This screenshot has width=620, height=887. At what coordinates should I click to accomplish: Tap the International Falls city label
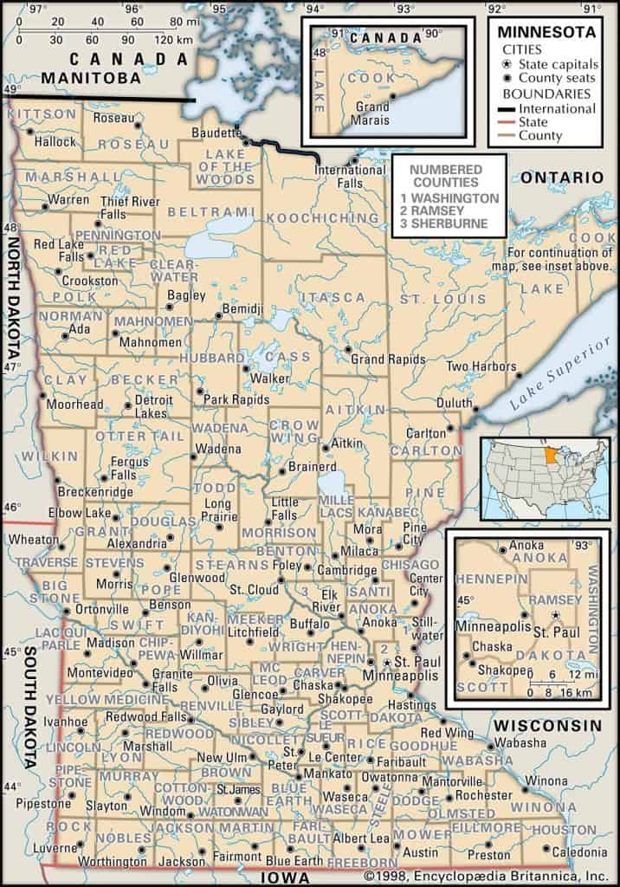[350, 176]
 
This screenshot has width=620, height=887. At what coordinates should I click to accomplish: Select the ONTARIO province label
[561, 177]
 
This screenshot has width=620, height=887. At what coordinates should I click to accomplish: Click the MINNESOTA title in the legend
[546, 32]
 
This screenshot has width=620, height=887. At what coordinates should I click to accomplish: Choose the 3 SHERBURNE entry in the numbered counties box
[443, 224]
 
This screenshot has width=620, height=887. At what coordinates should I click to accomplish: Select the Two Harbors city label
[480, 366]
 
